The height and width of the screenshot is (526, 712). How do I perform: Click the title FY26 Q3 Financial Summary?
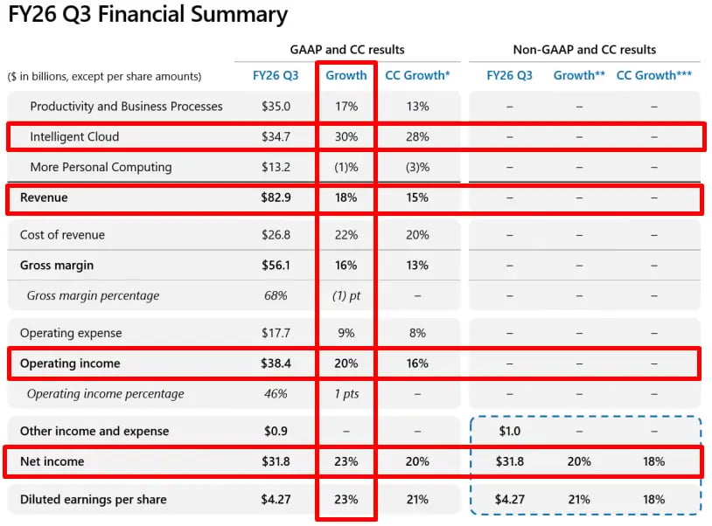(148, 15)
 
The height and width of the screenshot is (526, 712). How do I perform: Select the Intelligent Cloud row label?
(74, 136)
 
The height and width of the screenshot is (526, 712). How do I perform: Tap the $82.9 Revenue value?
(276, 197)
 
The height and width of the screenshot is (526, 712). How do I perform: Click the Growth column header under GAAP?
(346, 75)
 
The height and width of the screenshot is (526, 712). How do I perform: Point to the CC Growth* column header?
(417, 75)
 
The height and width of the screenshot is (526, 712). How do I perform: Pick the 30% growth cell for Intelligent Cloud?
(346, 136)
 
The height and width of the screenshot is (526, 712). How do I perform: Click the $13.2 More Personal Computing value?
(276, 167)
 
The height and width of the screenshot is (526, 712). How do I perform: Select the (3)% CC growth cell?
(417, 167)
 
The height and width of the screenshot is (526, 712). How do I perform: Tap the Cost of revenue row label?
(62, 235)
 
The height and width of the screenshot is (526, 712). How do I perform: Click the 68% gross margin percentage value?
(276, 295)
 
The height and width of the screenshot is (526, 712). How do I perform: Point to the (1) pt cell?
(346, 295)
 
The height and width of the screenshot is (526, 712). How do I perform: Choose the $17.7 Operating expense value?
(276, 333)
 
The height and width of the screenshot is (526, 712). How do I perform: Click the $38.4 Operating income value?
(276, 363)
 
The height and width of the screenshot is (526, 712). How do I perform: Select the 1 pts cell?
(346, 393)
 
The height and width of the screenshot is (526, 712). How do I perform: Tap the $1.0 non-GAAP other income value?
(509, 431)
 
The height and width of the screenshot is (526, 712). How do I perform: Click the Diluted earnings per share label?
(93, 499)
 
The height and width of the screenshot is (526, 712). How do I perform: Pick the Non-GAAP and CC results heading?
(584, 50)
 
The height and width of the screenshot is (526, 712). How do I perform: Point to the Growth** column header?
(579, 75)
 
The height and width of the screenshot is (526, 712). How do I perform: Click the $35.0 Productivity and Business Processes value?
(276, 106)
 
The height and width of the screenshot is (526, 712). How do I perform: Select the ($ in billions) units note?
(104, 76)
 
